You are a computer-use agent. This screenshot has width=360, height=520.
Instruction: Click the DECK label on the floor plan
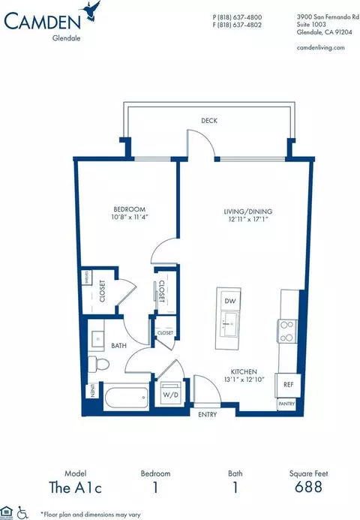tap(209, 120)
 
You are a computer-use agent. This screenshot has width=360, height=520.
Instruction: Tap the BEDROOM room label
tap(129, 209)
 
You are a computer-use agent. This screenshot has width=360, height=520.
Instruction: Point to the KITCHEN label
tap(244, 372)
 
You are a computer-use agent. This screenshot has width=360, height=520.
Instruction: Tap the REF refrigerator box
tap(287, 383)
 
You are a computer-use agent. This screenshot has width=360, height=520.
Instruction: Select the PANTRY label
tap(287, 403)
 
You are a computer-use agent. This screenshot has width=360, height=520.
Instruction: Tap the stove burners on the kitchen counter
tap(287, 330)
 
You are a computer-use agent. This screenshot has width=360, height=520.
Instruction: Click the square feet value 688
tap(308, 487)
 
